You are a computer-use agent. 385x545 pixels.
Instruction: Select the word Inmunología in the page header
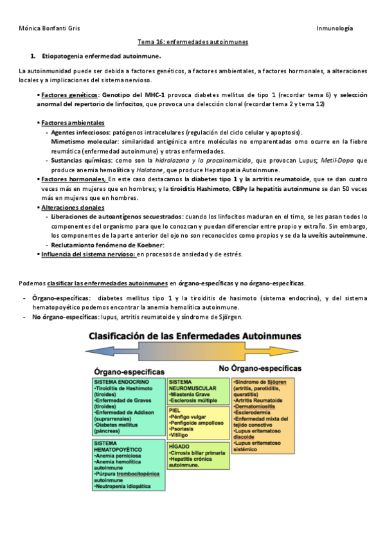click(x=336, y=29)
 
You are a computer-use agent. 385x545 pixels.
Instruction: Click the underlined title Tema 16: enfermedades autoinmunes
click(x=193, y=42)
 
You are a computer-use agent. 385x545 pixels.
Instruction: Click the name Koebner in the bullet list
click(x=148, y=245)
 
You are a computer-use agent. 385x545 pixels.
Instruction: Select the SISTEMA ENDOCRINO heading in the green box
click(x=121, y=382)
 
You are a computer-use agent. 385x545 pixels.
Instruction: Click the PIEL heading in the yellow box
click(x=174, y=409)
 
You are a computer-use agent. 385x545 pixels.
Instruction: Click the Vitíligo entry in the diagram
click(x=182, y=434)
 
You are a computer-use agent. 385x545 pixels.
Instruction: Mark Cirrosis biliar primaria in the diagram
click(x=197, y=453)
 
